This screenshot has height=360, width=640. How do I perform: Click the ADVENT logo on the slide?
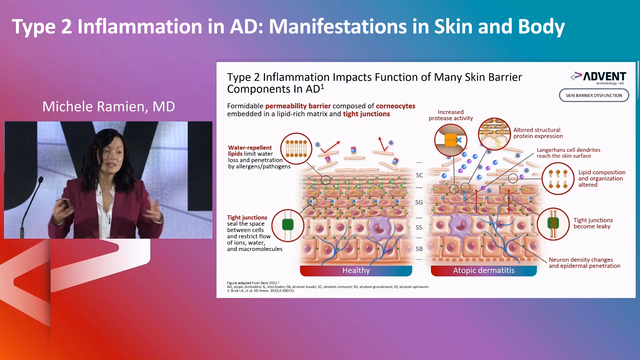[599, 78]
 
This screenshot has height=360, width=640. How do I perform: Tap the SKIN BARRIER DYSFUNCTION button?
[594, 95]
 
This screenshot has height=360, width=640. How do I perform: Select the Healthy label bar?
[356, 270]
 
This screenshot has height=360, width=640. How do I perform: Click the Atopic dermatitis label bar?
[484, 270]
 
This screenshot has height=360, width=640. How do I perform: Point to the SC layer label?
[419, 175]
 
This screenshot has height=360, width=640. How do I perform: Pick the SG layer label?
[419, 202]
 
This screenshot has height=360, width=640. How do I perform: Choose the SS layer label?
[419, 227]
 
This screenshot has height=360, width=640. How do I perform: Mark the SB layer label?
[419, 249]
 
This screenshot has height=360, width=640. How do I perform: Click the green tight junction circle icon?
[288, 225]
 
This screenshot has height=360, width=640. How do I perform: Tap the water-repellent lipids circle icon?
[296, 149]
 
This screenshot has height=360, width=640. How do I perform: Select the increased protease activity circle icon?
[451, 140]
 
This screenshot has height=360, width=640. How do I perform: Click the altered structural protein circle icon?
[494, 134]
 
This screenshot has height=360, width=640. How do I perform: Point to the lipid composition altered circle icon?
[558, 178]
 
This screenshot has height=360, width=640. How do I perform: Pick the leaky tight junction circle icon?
[553, 224]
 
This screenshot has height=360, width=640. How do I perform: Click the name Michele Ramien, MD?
[109, 107]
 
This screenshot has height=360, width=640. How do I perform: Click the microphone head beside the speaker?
[41, 180]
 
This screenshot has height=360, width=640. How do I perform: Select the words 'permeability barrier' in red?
[298, 106]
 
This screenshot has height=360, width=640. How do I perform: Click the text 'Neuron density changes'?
[581, 260]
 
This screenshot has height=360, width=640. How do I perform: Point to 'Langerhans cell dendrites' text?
[568, 150]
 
